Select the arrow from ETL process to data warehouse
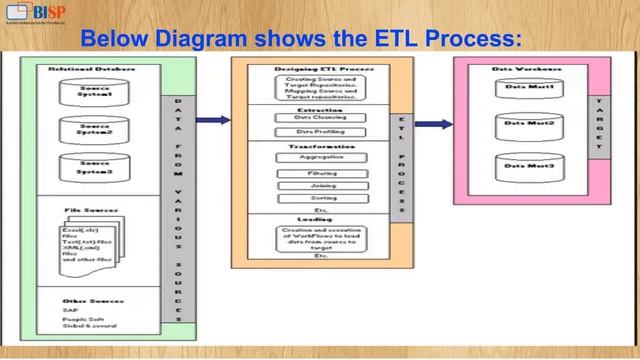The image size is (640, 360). pos(432,124)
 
